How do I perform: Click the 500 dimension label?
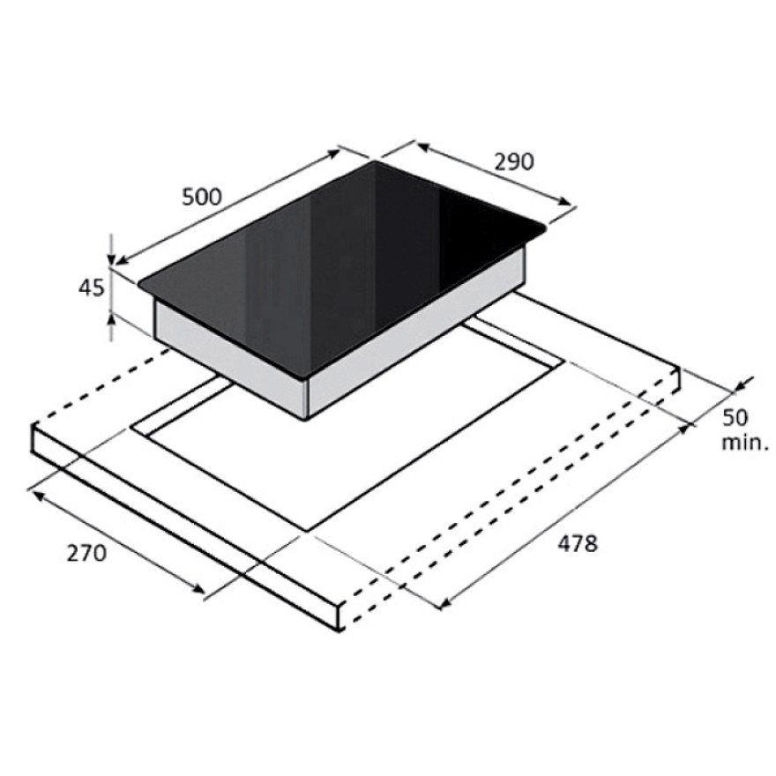point(202,197)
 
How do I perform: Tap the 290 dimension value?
point(515,162)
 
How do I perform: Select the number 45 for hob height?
point(92,287)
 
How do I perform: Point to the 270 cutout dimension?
point(86,553)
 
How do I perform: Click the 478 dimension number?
point(578,543)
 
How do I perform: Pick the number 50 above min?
point(735,417)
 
